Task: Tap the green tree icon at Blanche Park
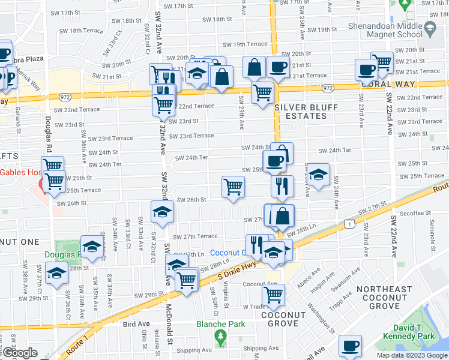click(220, 338)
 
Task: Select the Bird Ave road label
click(136, 324)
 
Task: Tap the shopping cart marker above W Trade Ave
click(274, 294)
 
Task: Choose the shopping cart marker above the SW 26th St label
click(233, 186)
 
